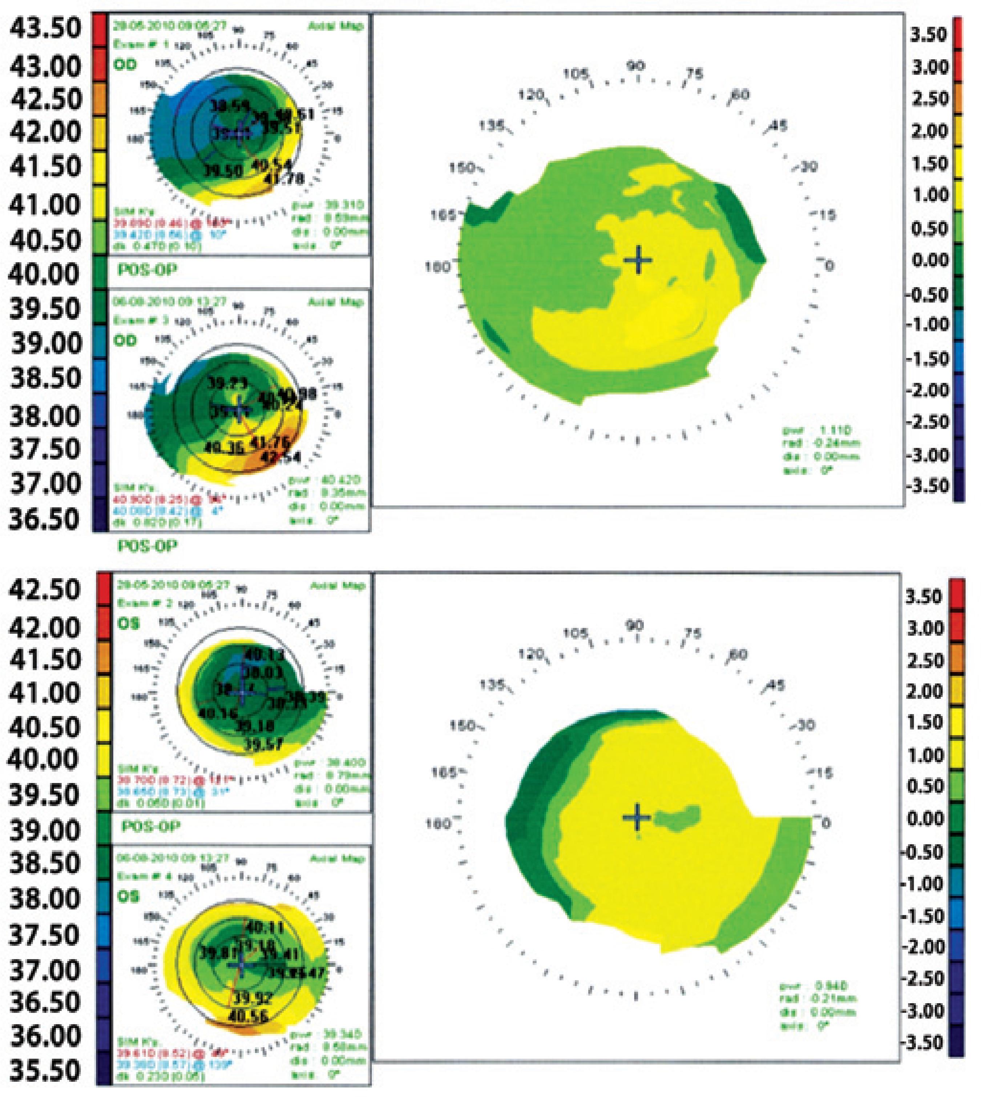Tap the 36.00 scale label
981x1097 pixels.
(45, 1036)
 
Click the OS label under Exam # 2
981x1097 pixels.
(128, 624)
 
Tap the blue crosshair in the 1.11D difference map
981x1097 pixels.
(638, 260)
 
